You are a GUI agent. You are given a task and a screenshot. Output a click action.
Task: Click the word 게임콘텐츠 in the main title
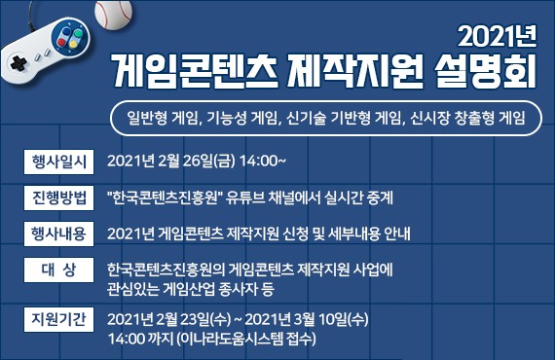[x=191, y=70]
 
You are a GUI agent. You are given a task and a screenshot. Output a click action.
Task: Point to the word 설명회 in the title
[x=484, y=70]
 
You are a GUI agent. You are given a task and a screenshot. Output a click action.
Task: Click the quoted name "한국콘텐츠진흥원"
[x=165, y=198]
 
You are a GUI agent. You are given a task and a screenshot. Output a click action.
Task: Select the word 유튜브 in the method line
[x=247, y=198]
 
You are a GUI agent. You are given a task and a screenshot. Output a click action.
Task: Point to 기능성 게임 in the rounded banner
[x=240, y=118]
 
